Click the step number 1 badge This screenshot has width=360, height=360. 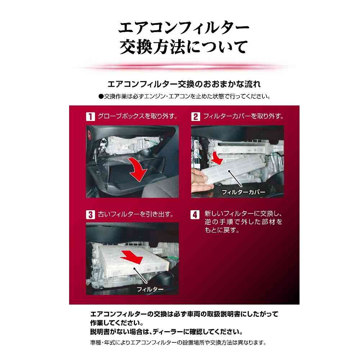tap(90, 116)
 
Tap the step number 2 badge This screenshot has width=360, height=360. tap(195, 116)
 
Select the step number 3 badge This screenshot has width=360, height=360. tap(90, 215)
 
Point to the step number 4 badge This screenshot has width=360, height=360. tap(195, 215)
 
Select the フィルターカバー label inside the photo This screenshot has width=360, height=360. tap(243, 192)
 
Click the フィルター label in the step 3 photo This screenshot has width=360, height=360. tap(150, 289)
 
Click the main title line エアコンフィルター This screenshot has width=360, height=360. tap(184, 28)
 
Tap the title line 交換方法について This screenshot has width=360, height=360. tap(184, 47)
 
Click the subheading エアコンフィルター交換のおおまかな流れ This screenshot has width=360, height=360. tap(184, 84)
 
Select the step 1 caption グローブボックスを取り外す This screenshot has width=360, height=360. tap(138, 116)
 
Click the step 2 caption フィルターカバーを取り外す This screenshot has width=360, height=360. tap(243, 116)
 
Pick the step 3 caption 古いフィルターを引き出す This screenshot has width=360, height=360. tap(135, 214)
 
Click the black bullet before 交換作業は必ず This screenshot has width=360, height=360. tap(101, 96)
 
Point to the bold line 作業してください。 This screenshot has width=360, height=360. tap(117, 323)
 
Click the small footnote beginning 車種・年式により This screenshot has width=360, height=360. tap(178, 343)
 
